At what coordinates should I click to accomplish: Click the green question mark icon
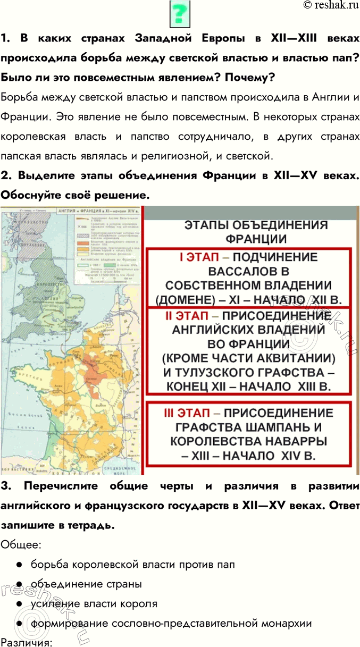(x=180, y=14)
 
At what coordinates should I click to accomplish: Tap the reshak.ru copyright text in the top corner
(x=330, y=5)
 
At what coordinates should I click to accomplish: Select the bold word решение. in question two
(x=120, y=196)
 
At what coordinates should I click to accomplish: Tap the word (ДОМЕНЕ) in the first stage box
(x=186, y=299)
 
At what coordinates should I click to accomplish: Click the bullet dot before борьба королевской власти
(x=19, y=565)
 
